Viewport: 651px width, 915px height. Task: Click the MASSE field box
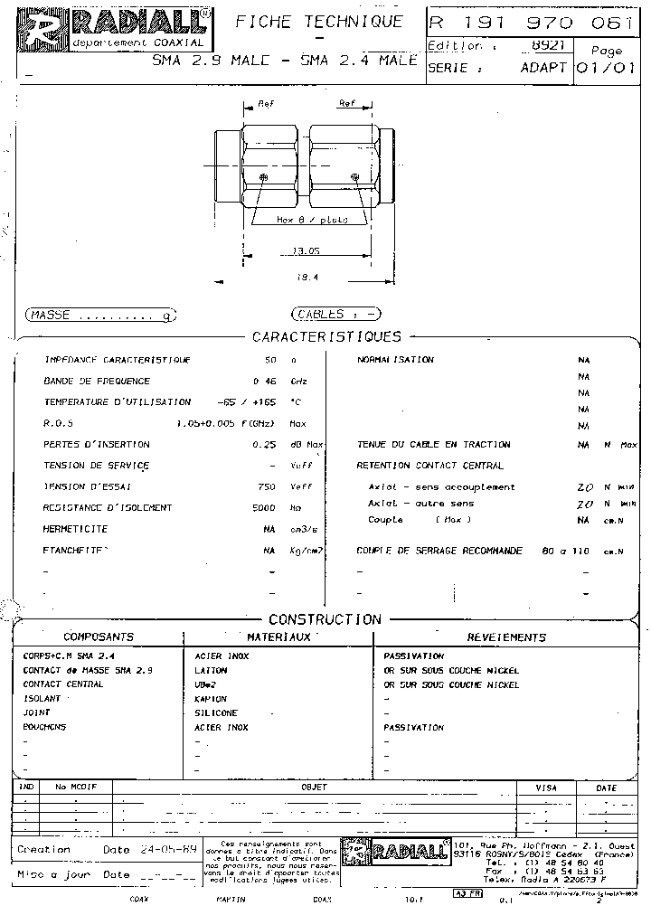tap(100, 315)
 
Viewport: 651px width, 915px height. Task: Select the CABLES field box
tap(335, 315)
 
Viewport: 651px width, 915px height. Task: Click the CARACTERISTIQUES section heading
tap(326, 337)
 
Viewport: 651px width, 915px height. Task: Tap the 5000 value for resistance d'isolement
tap(263, 508)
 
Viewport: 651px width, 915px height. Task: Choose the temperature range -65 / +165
tap(246, 401)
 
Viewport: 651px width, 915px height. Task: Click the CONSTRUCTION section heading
tap(325, 619)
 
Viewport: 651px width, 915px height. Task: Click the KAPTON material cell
tap(211, 699)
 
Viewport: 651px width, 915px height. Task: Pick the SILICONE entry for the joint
tap(216, 713)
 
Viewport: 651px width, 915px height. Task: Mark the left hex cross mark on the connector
tap(263, 177)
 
